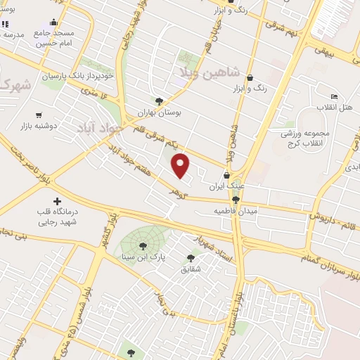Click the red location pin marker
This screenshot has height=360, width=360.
181,166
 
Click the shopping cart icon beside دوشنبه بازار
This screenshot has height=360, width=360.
38,115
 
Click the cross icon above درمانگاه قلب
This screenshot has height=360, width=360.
57,202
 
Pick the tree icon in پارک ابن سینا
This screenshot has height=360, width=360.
143,246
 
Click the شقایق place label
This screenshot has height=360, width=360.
191,269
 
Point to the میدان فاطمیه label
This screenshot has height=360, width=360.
236,210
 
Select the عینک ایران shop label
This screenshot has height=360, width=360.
226,188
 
